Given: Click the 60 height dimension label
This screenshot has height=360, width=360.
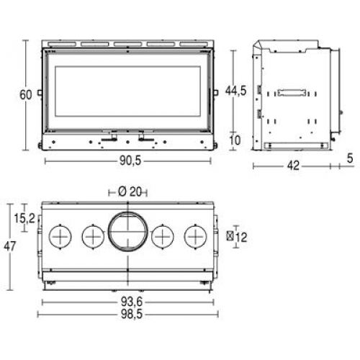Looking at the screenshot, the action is click(x=25, y=95).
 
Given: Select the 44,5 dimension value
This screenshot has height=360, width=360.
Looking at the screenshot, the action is click(x=235, y=91).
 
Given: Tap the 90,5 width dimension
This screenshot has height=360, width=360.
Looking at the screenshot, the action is click(x=130, y=161).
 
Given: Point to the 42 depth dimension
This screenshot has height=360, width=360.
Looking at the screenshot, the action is click(x=293, y=166).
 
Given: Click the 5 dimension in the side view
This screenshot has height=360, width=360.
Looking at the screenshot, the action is click(x=350, y=158).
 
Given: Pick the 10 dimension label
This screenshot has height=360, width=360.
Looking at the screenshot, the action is click(x=235, y=140).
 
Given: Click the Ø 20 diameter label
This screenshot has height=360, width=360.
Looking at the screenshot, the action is click(x=130, y=192).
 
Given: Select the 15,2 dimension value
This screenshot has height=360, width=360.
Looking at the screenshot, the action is click(x=24, y=218).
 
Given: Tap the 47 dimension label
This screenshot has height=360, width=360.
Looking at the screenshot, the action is click(x=9, y=246).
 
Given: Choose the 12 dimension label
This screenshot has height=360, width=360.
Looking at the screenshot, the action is click(x=241, y=238).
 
